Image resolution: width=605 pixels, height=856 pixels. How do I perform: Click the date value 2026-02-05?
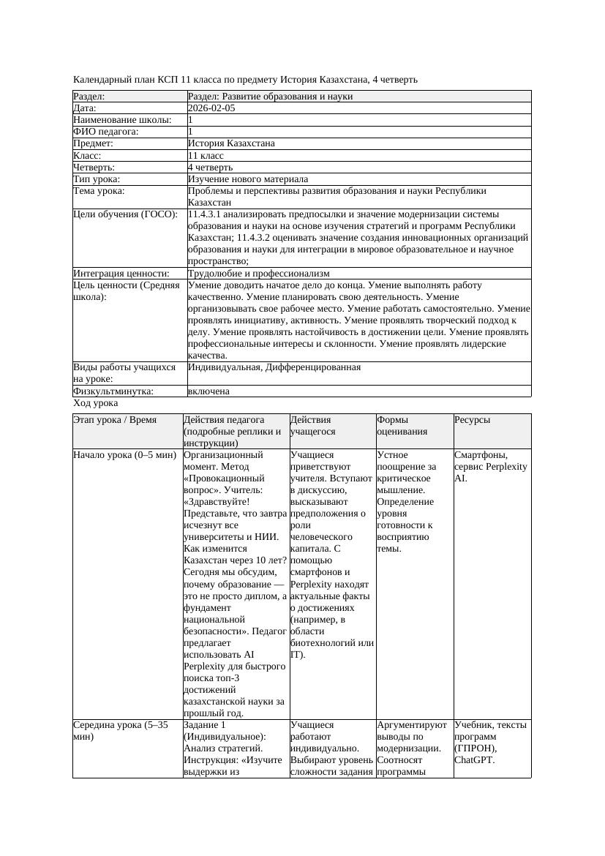211,108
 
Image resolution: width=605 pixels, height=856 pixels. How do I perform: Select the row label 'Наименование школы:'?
123,120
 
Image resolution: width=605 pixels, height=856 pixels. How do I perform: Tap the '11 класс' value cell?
206,156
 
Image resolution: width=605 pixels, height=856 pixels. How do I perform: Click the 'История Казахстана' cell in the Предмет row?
231,144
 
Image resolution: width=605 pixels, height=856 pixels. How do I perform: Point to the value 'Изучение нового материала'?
248,179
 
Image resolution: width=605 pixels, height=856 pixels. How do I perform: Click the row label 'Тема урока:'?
99,191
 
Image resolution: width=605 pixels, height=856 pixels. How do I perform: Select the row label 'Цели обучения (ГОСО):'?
125,215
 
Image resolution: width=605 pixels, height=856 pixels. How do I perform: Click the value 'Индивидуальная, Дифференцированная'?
274,367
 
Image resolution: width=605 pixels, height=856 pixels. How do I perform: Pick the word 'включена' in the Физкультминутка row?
208,391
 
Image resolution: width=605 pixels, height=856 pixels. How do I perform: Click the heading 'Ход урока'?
96,403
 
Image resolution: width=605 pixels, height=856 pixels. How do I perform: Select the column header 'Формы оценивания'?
397,426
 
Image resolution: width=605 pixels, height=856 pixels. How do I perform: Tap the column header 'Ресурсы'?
472,420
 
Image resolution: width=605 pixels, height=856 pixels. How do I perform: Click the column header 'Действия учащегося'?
312,426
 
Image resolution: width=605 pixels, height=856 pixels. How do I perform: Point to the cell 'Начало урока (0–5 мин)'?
124,455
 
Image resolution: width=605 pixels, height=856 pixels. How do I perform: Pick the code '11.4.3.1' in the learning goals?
206,215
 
